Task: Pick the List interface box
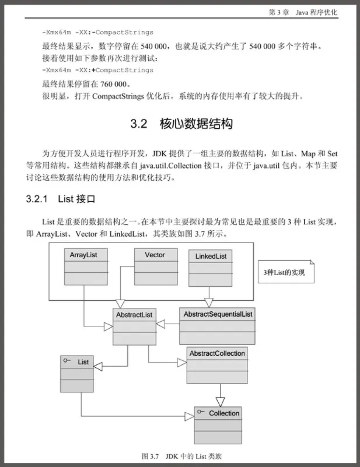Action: point(78,374)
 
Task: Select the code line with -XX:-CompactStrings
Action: point(97,32)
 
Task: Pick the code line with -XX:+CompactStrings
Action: point(97,70)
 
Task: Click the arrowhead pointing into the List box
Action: point(99,366)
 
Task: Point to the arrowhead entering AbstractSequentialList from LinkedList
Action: point(209,303)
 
